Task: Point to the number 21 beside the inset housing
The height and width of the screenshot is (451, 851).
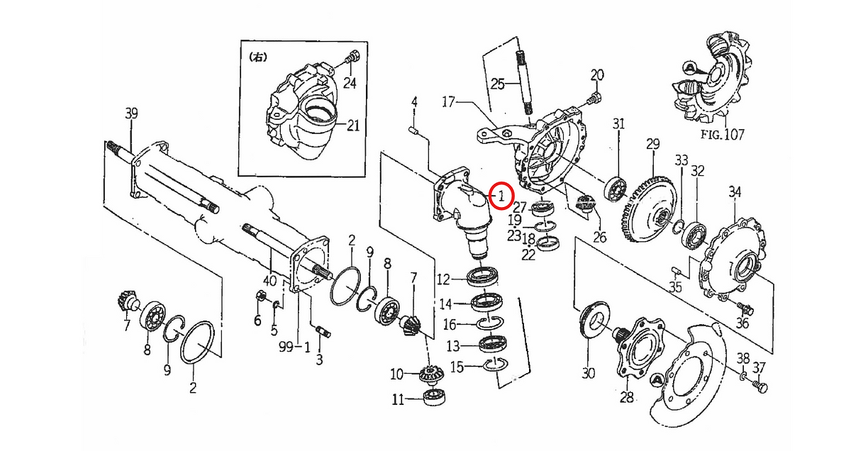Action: click(352, 126)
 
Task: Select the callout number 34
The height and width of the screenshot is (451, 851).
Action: click(735, 192)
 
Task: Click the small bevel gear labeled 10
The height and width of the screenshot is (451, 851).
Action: click(430, 373)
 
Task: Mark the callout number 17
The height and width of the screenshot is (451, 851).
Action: click(447, 103)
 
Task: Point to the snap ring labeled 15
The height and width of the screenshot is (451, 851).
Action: click(495, 364)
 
